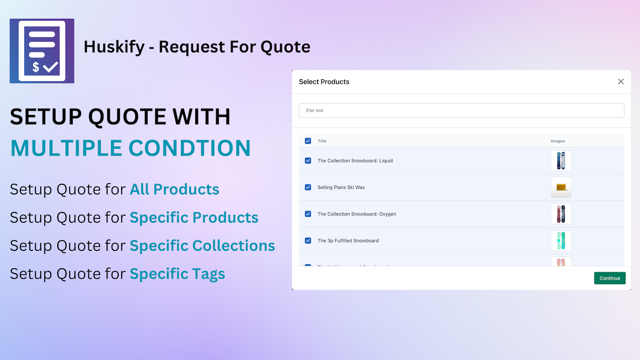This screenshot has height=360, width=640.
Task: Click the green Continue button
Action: tap(610, 278)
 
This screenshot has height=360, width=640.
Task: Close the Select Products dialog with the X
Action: tap(621, 82)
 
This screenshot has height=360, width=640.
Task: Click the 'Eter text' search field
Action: tap(461, 110)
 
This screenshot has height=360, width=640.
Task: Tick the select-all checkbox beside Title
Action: tap(308, 141)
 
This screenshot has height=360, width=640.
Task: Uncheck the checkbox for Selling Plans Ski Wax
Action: tap(308, 187)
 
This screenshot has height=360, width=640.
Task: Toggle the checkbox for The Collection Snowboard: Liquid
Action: tap(308, 161)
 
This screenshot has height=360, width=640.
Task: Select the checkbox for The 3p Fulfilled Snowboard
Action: tap(308, 241)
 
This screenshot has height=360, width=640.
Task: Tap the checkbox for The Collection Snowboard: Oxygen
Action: tap(308, 214)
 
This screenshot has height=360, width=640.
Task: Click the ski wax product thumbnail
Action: tap(561, 187)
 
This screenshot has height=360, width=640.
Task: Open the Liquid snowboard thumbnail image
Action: tap(561, 161)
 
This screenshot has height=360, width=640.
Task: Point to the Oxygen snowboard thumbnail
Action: tap(561, 214)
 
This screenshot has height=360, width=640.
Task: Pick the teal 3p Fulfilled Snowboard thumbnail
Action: tap(561, 241)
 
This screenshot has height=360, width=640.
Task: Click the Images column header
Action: tap(558, 141)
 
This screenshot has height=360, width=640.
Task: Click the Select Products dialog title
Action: tap(324, 82)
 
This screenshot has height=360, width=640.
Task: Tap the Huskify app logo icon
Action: tap(42, 51)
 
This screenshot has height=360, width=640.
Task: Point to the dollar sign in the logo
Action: tap(36, 67)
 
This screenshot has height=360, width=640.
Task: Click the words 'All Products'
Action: tap(174, 189)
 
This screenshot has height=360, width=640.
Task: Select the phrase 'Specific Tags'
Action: tap(177, 274)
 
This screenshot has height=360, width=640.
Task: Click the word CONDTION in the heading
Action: tap(190, 148)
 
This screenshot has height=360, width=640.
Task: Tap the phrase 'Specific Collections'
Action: tap(202, 246)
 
